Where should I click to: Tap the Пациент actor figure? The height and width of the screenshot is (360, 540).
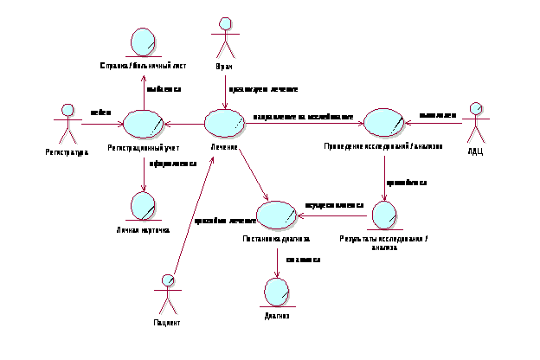[x=169, y=294]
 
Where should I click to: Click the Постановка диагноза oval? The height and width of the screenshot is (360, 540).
[x=277, y=215]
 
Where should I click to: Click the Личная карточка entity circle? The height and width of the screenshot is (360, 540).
[x=142, y=207]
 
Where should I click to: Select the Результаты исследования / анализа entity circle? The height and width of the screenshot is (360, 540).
[x=383, y=215]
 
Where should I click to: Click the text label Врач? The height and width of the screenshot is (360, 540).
[x=225, y=66]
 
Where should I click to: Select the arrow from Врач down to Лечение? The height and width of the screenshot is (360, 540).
[x=226, y=87]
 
